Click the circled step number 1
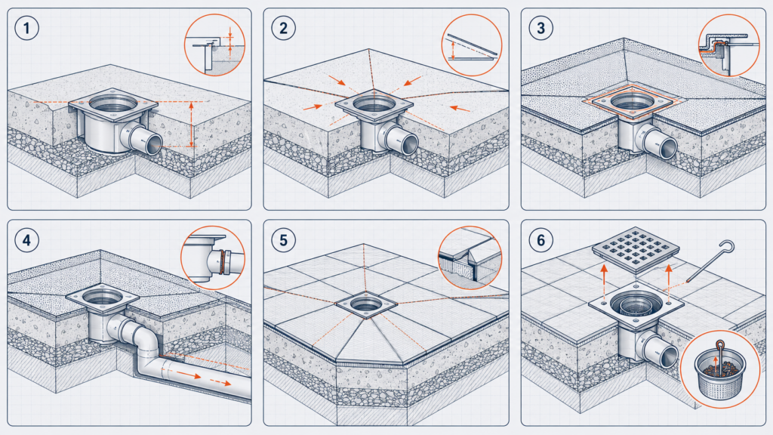pos(26,28)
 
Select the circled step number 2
pos(284,28)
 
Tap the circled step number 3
pos(540,28)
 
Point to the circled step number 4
pos(26,240)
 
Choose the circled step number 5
pos(284,240)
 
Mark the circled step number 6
pos(540,240)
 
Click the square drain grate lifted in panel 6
pos(636,249)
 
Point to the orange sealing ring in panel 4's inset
pos(225,261)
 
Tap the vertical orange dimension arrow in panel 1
pos(192,125)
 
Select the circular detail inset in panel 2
pos(472,45)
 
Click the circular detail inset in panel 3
pos(729,45)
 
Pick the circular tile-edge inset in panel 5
pos(470,258)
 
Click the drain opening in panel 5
pos(366,303)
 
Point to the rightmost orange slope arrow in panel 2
pos(460,108)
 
